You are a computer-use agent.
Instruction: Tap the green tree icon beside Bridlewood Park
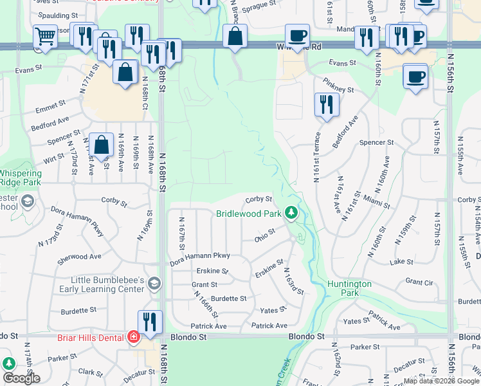(x=292, y=212)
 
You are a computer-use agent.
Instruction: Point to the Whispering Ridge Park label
(x=19, y=178)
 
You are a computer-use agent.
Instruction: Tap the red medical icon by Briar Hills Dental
(x=133, y=336)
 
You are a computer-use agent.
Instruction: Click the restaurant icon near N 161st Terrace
(x=327, y=106)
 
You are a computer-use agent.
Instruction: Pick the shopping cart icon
(x=44, y=37)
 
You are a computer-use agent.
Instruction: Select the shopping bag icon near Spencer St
(x=102, y=146)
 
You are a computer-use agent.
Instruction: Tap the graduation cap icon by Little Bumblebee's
(x=154, y=283)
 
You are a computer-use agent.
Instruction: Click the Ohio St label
(x=264, y=235)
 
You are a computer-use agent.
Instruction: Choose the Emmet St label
(x=51, y=104)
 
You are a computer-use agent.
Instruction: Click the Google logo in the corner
(x=21, y=378)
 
